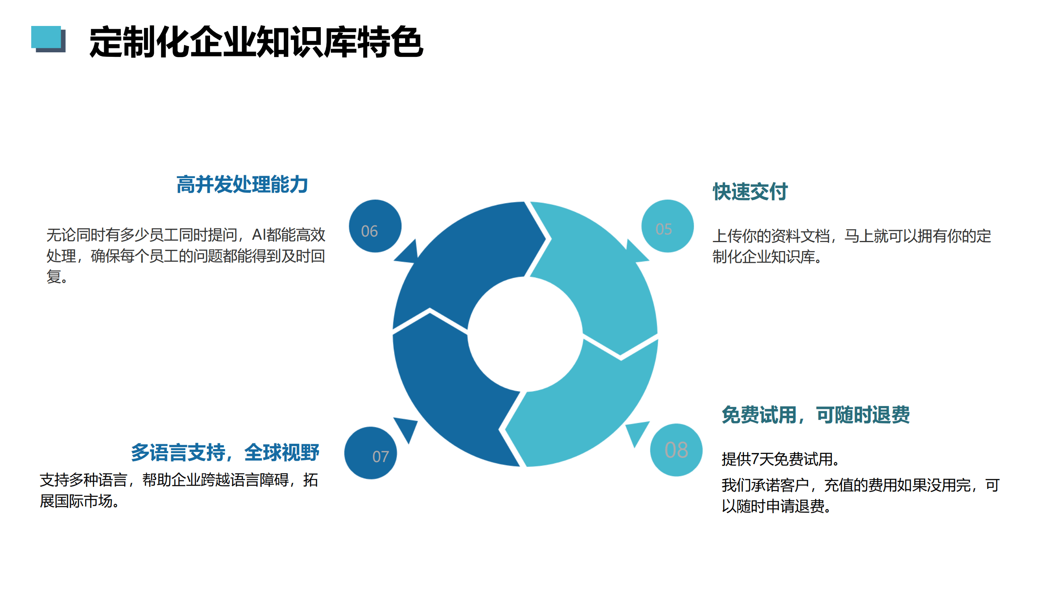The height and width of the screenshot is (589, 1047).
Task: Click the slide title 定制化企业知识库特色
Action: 256,41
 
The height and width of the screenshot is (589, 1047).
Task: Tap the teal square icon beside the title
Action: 46,37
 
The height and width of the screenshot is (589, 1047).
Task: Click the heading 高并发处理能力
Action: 242,185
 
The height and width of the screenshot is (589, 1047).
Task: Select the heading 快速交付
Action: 750,191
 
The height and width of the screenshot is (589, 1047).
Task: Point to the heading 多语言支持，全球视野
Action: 225,452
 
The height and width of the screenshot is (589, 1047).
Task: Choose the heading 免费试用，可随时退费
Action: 816,415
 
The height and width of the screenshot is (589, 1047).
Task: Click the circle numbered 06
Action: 375,226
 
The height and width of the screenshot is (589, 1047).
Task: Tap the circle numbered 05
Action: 667,226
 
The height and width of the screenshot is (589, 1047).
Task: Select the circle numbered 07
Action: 371,453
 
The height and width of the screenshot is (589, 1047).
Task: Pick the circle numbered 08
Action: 676,450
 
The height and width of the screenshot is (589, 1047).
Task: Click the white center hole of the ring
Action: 525,334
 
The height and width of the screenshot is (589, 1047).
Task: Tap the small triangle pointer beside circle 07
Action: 407,428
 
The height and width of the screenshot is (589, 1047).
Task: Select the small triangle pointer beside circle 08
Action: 637,432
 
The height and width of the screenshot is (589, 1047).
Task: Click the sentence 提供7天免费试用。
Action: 780,459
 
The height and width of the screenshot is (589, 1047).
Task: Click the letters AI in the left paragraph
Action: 258,235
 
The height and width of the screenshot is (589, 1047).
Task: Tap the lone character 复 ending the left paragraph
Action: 54,277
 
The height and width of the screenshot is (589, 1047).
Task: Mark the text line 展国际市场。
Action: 79,501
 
